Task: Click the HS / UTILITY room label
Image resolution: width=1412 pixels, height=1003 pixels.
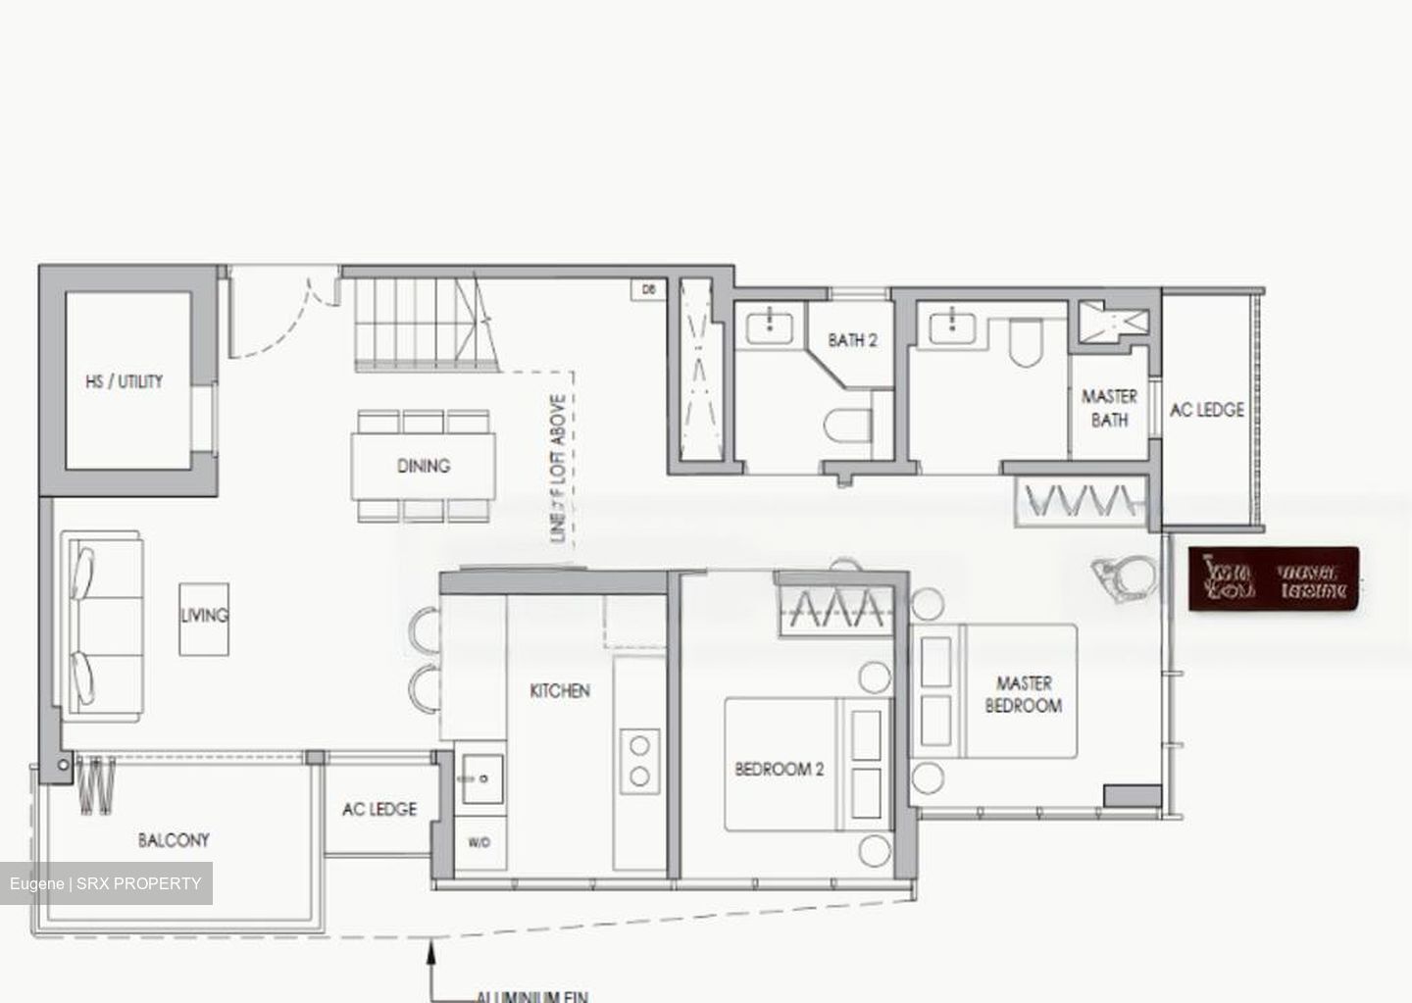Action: [125, 381]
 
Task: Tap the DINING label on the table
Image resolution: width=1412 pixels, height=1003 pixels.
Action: [424, 466]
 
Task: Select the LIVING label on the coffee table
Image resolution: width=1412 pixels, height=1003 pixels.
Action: [204, 616]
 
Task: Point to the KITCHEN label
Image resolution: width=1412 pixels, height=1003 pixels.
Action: [560, 691]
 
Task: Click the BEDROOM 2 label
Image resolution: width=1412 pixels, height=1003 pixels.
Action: [780, 770]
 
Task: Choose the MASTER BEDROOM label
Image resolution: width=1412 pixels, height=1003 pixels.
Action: [1023, 694]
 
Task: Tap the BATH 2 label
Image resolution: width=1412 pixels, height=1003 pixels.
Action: [852, 340]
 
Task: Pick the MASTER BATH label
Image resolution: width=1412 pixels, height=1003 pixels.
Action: [1109, 408]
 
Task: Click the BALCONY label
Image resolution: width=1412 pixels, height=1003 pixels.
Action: [174, 840]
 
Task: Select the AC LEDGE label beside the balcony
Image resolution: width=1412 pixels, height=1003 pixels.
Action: [379, 809]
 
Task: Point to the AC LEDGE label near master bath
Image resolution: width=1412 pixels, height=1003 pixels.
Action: [1207, 410]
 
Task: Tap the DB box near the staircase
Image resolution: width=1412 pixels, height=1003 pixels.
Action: [647, 289]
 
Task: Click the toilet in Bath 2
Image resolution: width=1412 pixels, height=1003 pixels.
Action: [849, 424]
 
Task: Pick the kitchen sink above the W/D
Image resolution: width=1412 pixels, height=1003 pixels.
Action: [482, 778]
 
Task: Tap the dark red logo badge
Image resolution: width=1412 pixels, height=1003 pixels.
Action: [1274, 579]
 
